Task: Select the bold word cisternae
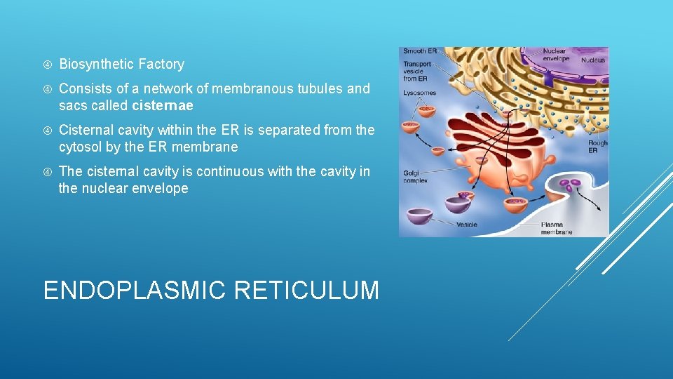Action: point(163,106)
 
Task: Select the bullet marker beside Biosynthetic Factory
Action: point(48,65)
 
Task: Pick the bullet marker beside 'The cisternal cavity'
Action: point(48,172)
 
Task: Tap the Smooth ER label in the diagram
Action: point(420,52)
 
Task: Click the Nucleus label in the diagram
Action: point(593,60)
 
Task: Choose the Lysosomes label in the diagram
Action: point(419,93)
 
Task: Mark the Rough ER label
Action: point(597,147)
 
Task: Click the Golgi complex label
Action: point(415,177)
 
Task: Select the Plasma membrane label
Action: point(557,229)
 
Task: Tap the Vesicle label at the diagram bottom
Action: point(467,225)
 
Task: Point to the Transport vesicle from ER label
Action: point(417,72)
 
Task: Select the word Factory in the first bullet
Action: point(161,65)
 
